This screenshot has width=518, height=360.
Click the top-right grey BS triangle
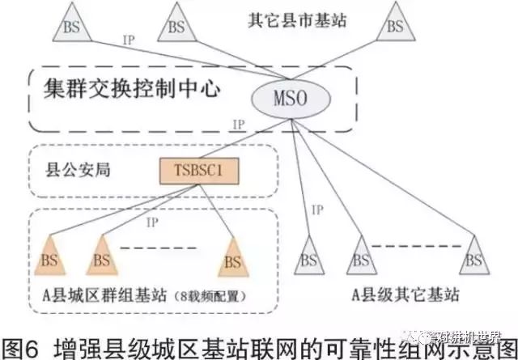(x=394, y=24)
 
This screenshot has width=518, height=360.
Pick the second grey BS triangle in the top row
(x=176, y=24)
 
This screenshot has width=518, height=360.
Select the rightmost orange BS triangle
(x=232, y=259)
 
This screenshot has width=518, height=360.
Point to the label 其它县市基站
(x=297, y=21)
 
